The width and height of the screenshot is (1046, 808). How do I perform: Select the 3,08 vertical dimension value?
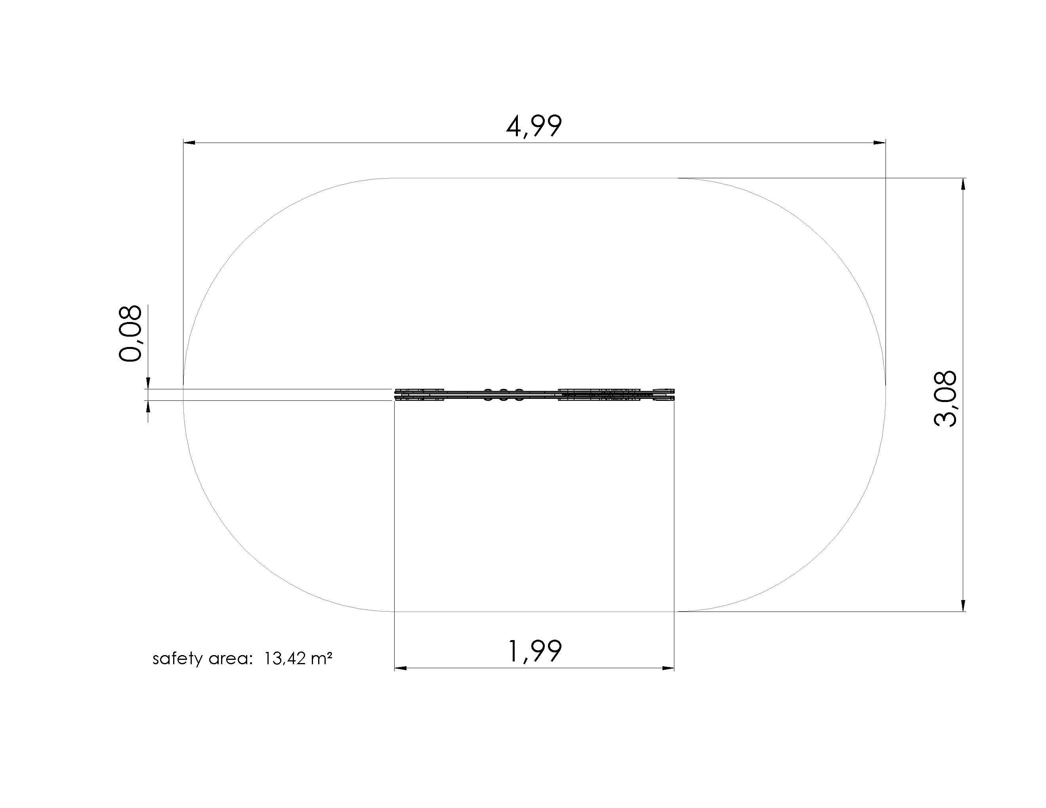[945, 399]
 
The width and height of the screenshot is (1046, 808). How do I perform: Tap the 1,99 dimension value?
[534, 652]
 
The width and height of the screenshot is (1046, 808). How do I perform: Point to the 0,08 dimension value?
[130, 333]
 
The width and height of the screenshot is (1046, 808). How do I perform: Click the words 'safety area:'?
[202, 659]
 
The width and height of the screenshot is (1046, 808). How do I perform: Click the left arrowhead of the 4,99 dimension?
[189, 143]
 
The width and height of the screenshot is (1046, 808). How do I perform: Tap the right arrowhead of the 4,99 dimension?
[879, 143]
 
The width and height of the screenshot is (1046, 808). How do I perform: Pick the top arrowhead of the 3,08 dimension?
[963, 184]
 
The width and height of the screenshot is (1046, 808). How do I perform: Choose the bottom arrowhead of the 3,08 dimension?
[963, 605]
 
